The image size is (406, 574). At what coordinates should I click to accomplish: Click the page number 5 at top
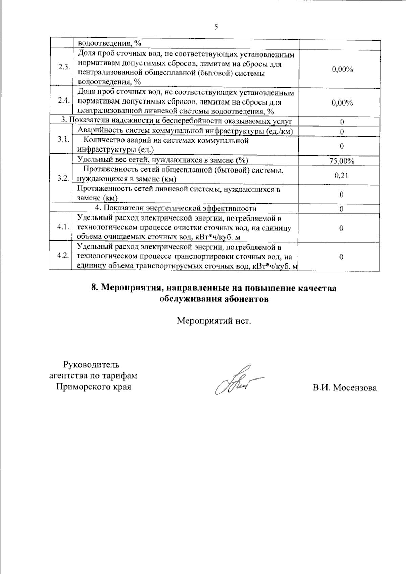216,27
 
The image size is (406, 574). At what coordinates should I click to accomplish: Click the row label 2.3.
63,67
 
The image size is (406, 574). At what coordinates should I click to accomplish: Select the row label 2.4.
63,100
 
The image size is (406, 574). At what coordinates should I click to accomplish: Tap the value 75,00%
342,161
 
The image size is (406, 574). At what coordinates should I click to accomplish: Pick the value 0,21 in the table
341,175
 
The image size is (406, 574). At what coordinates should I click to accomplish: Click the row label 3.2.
63,178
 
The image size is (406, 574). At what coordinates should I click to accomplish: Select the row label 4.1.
63,227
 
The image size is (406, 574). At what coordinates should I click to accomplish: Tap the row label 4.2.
63,255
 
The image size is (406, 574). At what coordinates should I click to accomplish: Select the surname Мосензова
355,388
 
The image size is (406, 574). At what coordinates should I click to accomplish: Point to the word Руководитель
91,365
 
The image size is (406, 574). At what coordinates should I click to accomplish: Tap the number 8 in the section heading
94,288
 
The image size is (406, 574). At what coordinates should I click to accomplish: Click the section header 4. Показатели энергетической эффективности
175,208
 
